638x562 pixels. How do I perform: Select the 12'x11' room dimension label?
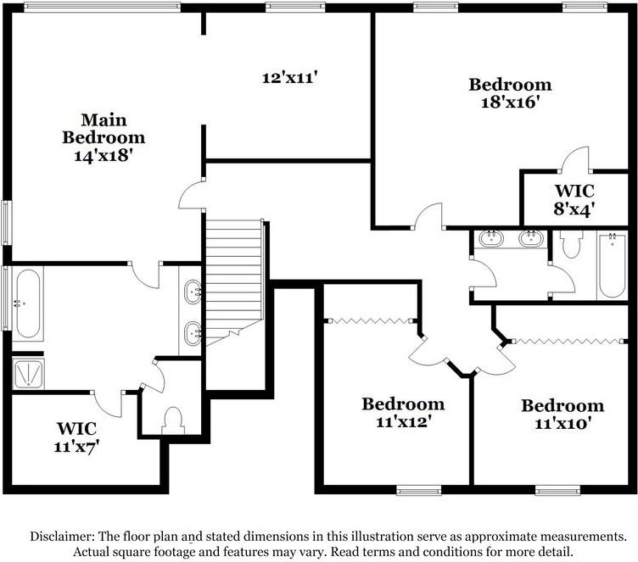click(x=289, y=77)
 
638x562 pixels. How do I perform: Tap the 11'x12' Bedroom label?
click(x=402, y=412)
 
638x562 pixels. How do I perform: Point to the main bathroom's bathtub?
click(x=26, y=303)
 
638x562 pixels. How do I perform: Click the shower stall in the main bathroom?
click(x=26, y=372)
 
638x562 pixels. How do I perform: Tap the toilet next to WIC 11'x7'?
click(x=173, y=420)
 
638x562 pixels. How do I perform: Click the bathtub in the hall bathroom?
click(x=611, y=265)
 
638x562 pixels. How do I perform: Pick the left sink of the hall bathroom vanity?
click(x=491, y=238)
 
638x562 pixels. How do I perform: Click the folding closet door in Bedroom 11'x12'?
click(x=370, y=320)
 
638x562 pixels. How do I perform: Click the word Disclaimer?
click(x=63, y=537)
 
